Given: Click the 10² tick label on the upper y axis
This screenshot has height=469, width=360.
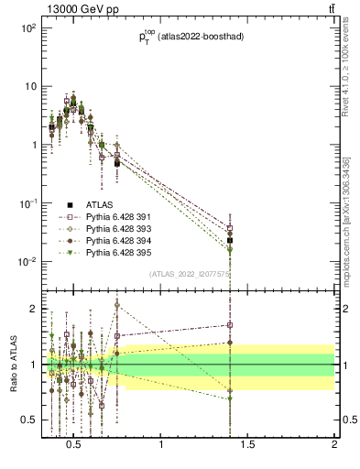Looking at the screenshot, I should click(27, 28).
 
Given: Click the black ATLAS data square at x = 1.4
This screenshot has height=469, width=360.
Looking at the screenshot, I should click(230, 241).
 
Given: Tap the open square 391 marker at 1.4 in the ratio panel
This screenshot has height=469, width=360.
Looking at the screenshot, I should click(230, 324).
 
